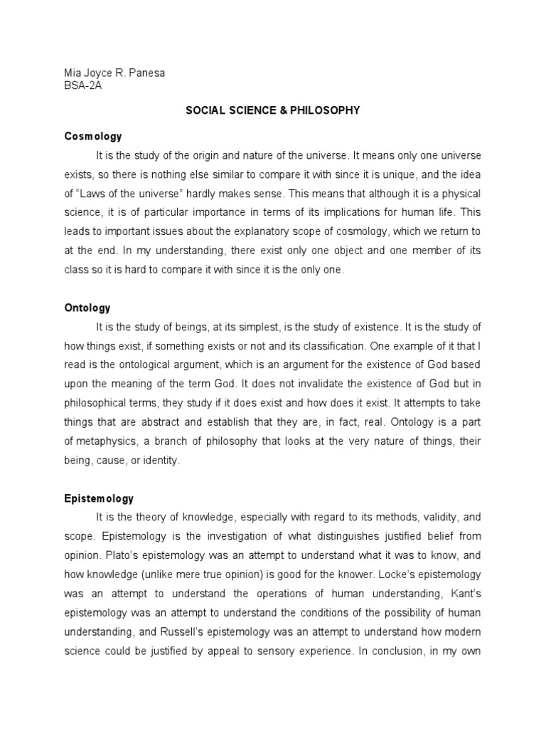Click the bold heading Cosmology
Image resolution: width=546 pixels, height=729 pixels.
coord(93,136)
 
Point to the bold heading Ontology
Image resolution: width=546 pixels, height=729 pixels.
coord(87,308)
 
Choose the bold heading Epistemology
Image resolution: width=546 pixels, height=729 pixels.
coord(99,498)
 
